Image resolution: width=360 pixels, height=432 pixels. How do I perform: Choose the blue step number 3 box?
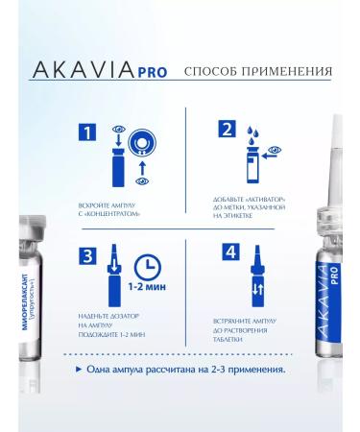click(x=86, y=256)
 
